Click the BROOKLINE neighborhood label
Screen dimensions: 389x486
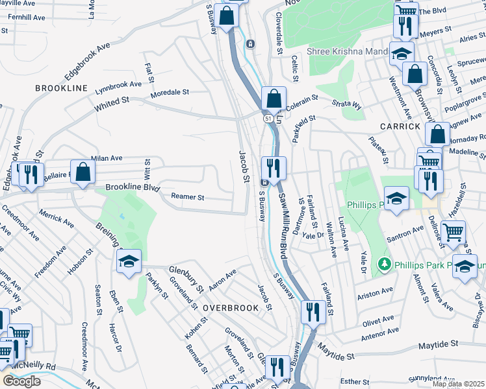point(61,88)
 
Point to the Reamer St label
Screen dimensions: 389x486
point(188,197)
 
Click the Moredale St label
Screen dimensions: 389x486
point(170,93)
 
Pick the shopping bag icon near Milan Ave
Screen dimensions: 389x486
point(83,172)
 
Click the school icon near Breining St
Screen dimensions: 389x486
point(129,261)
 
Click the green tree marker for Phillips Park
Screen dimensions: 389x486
point(384,265)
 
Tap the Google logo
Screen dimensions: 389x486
point(21,381)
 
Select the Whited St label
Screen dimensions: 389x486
point(112,103)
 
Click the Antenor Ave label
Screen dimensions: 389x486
point(379,336)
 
